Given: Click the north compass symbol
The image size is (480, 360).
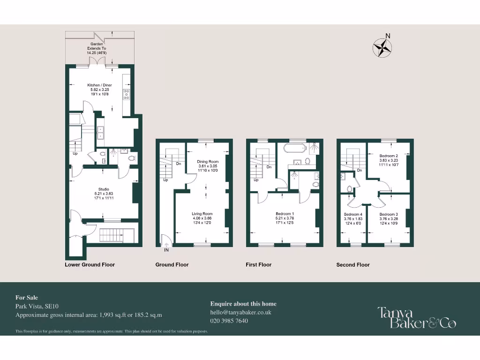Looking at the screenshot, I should [383, 47].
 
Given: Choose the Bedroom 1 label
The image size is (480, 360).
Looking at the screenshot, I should [285, 218].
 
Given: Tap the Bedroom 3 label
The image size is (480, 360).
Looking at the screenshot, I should [389, 218].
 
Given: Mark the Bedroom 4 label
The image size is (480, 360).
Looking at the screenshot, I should [353, 218].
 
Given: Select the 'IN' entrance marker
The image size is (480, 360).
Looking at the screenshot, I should [166, 250].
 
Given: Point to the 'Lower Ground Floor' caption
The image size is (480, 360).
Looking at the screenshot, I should [90, 265].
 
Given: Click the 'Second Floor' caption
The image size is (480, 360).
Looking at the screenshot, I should [353, 265].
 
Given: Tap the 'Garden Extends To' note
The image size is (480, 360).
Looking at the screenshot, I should [97, 48].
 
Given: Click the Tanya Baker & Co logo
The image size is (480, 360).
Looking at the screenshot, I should [417, 317].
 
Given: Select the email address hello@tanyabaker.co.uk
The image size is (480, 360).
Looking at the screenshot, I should [241, 312].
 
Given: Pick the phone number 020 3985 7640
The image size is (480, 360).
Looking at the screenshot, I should [229, 321].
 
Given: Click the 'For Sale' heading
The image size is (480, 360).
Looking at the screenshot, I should [27, 298].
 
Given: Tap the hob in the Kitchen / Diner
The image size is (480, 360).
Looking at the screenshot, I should [126, 94].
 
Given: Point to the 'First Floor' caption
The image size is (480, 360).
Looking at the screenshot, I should [259, 265].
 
